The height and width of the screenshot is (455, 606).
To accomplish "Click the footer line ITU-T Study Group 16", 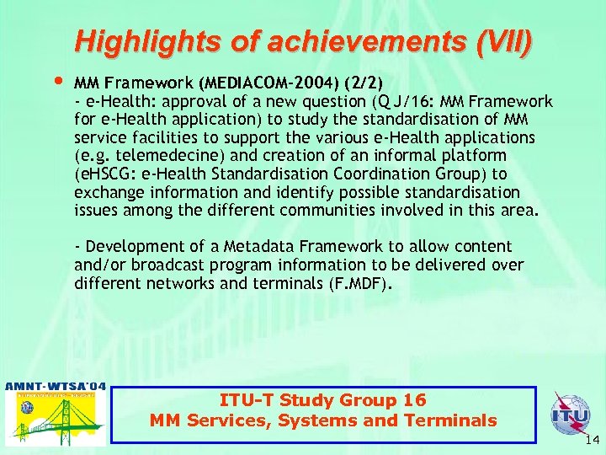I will (322, 400).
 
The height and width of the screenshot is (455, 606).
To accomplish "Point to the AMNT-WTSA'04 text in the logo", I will (56, 387).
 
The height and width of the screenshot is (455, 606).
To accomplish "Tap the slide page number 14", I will (592, 440).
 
